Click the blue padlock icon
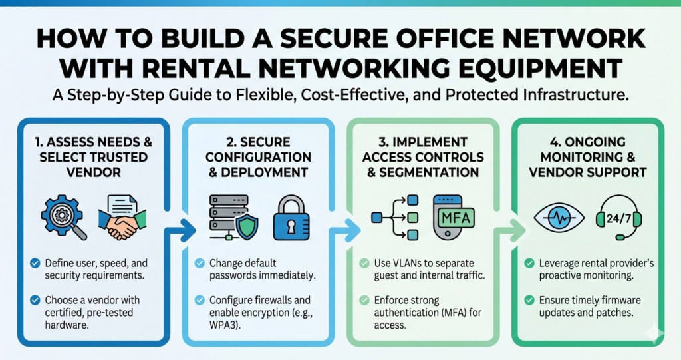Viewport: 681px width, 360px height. (290, 217)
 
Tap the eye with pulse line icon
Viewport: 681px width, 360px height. (560, 218)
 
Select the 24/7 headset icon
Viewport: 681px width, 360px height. (619, 216)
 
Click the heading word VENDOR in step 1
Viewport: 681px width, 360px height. (88, 172)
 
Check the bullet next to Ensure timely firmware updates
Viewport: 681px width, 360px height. (529, 300)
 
